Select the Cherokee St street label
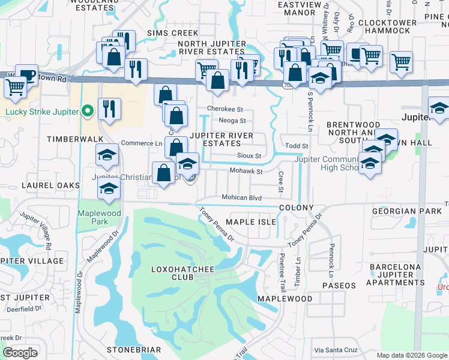pyautogui.click(x=224, y=109)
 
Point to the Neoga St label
pyautogui.click(x=232, y=121)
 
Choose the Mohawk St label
pyautogui.click(x=247, y=172)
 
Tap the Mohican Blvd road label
pyautogui.click(x=242, y=197)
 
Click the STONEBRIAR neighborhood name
pyautogui.click(x=133, y=349)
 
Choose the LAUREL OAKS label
pyautogui.click(x=51, y=185)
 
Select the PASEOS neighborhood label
pyautogui.click(x=339, y=285)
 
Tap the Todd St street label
pyautogui.click(x=297, y=146)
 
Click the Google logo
pyautogui.click(x=20, y=353)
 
